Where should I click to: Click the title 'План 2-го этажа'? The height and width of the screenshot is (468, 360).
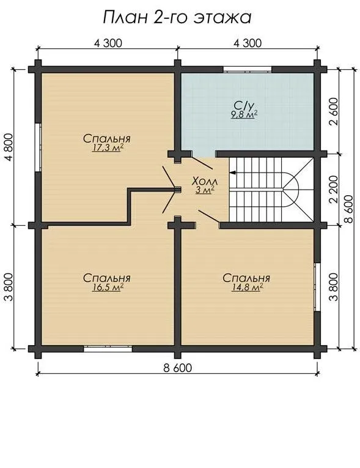pyautogui.click(x=177, y=18)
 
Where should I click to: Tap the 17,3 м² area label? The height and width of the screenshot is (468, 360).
pyautogui.click(x=108, y=148)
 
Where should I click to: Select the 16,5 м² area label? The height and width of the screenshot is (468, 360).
pyautogui.click(x=108, y=288)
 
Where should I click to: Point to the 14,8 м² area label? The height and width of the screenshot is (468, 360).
pyautogui.click(x=248, y=288)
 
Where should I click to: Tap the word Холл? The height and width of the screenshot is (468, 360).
pyautogui.click(x=205, y=181)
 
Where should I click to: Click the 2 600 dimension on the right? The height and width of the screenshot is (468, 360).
pyautogui.click(x=334, y=111)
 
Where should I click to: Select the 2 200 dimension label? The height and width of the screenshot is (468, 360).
pyautogui.click(x=334, y=189)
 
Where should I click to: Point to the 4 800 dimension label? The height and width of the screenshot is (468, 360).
pyautogui.click(x=9, y=147)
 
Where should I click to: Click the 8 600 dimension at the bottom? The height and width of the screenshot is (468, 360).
pyautogui.click(x=177, y=368)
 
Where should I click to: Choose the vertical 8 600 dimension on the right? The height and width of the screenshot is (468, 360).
pyautogui.click(x=348, y=209)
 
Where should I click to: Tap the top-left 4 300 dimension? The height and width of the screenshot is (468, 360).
pyautogui.click(x=108, y=43)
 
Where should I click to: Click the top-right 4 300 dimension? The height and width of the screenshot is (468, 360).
pyautogui.click(x=248, y=43)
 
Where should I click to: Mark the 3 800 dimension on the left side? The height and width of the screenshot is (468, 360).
pyautogui.click(x=9, y=287)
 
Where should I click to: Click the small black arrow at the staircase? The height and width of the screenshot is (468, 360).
pyautogui.click(x=232, y=173)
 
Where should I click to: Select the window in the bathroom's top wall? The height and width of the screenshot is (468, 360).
pyautogui.click(x=248, y=70)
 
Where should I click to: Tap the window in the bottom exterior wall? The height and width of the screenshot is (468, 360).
pyautogui.click(x=108, y=349)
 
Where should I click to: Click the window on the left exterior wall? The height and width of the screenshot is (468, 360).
pyautogui.click(x=38, y=147)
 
